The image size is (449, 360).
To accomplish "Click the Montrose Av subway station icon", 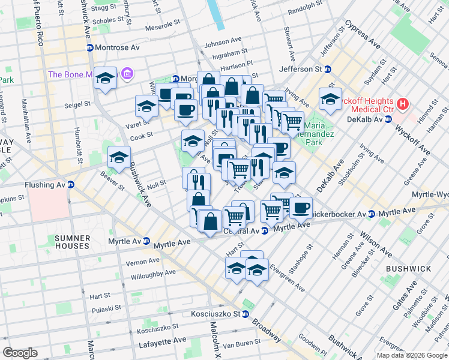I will coord(90,47).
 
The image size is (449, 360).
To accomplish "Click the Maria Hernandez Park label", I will coord(323,135).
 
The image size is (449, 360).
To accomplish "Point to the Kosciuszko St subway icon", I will coord(245,314).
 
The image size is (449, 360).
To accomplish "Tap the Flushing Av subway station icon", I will coord(70,185).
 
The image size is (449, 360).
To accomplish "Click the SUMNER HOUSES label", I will coord(73,242).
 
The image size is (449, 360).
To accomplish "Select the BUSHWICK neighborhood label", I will coord(406,269).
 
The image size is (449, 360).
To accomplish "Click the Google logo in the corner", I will coord(19,352).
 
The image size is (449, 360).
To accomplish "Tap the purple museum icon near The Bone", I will coord(127,74).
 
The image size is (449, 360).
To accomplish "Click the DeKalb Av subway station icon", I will coord(388,119).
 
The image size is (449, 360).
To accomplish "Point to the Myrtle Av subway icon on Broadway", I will coord(145,241).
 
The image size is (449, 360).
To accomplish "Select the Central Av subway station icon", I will coord(265,231).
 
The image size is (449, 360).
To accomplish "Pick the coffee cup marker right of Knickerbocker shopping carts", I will coord(302,208).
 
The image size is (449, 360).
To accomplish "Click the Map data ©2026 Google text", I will coord(411,355).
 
